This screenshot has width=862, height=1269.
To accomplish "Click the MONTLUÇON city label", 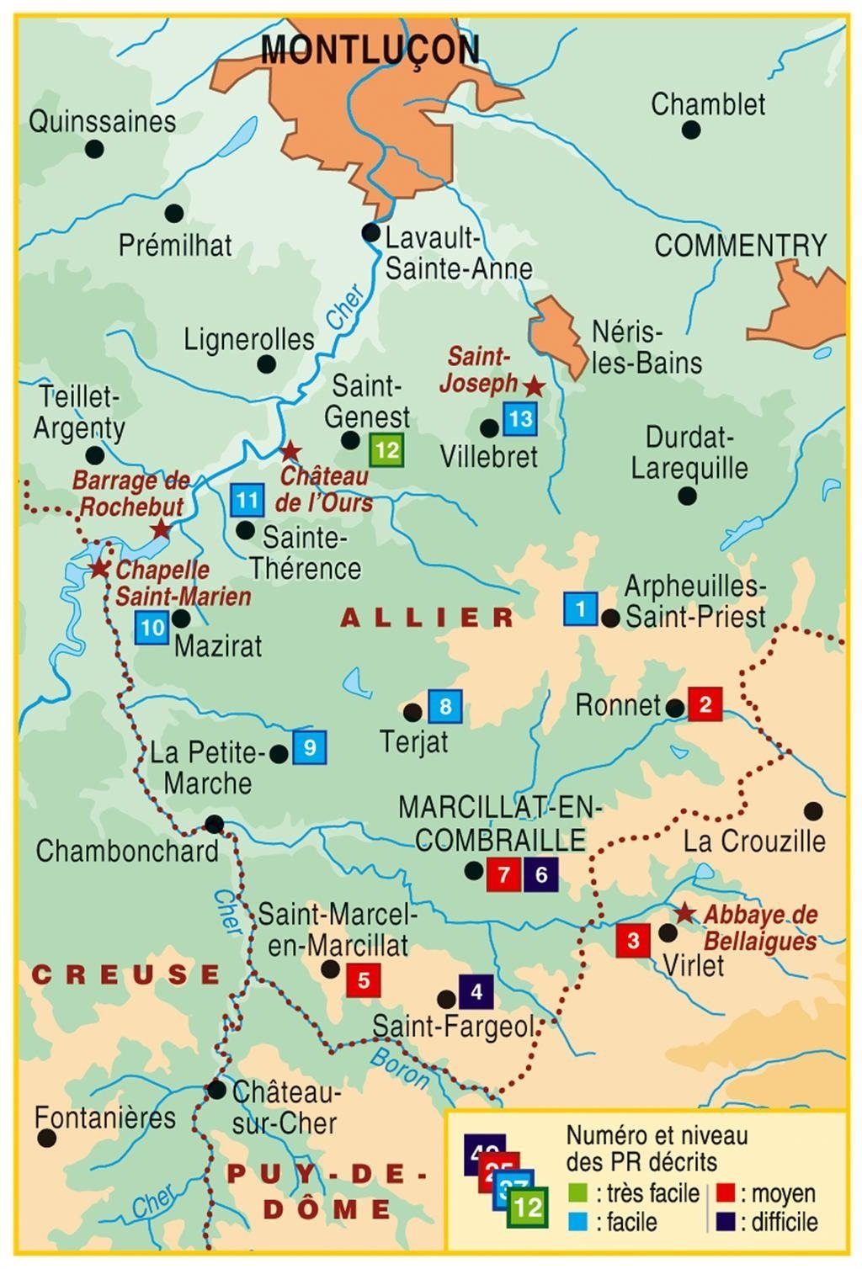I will click(370, 50).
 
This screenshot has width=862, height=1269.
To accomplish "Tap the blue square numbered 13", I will click(520, 418).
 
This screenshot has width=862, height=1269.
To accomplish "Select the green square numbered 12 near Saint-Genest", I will click(386, 449).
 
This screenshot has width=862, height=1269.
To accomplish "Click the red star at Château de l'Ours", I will click(290, 451).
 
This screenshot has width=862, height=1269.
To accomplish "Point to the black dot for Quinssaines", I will click(94, 149).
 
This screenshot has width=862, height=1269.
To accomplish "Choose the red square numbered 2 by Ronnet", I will click(705, 704).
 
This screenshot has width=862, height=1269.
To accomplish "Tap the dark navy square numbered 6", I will click(540, 874).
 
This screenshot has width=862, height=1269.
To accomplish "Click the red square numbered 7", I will click(503, 874).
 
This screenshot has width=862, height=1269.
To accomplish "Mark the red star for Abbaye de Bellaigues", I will click(685, 913).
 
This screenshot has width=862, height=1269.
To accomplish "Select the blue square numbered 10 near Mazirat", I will click(152, 627).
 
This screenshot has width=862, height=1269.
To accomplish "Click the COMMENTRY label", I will click(741, 246).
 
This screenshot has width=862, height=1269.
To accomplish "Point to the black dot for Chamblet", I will click(690, 130).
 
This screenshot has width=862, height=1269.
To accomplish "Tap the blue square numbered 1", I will click(580, 608).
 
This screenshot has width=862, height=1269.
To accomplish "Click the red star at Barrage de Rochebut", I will click(161, 530).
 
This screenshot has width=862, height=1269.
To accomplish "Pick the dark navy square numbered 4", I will click(476, 991).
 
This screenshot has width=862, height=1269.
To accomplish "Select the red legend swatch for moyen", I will click(726, 1193).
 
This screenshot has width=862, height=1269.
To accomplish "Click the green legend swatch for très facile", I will click(577, 1193).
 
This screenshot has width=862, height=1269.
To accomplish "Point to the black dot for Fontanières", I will click(47, 1138).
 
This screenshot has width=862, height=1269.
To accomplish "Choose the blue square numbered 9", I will click(309, 747).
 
